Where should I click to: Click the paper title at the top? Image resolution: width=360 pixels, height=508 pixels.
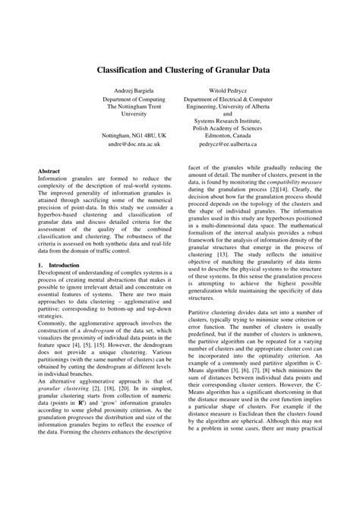coord(180,68)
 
